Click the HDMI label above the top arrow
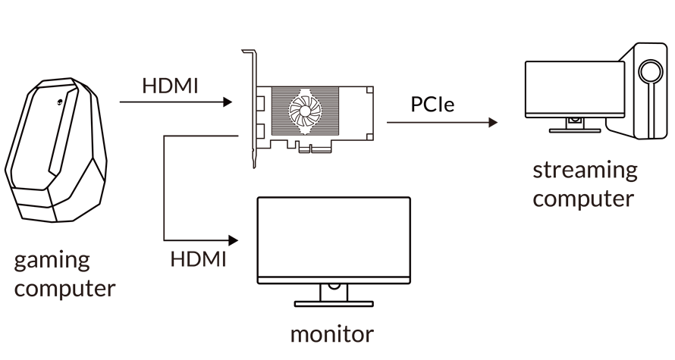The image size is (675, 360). [x=169, y=86]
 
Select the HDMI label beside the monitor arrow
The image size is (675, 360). [x=198, y=258]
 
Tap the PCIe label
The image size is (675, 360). [x=432, y=104]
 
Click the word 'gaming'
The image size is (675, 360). [x=52, y=262]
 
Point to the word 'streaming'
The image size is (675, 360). [x=585, y=170]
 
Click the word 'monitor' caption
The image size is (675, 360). [x=332, y=333]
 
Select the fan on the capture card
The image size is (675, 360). [x=311, y=111]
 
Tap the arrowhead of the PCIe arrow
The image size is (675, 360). [x=493, y=122]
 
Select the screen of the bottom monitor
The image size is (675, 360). [x=334, y=238]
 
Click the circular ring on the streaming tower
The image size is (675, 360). [x=649, y=72]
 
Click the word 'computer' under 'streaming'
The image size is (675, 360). [x=582, y=199]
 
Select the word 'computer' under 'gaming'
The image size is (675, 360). [x=64, y=289]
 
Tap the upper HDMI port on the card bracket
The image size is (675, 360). [x=260, y=102]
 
